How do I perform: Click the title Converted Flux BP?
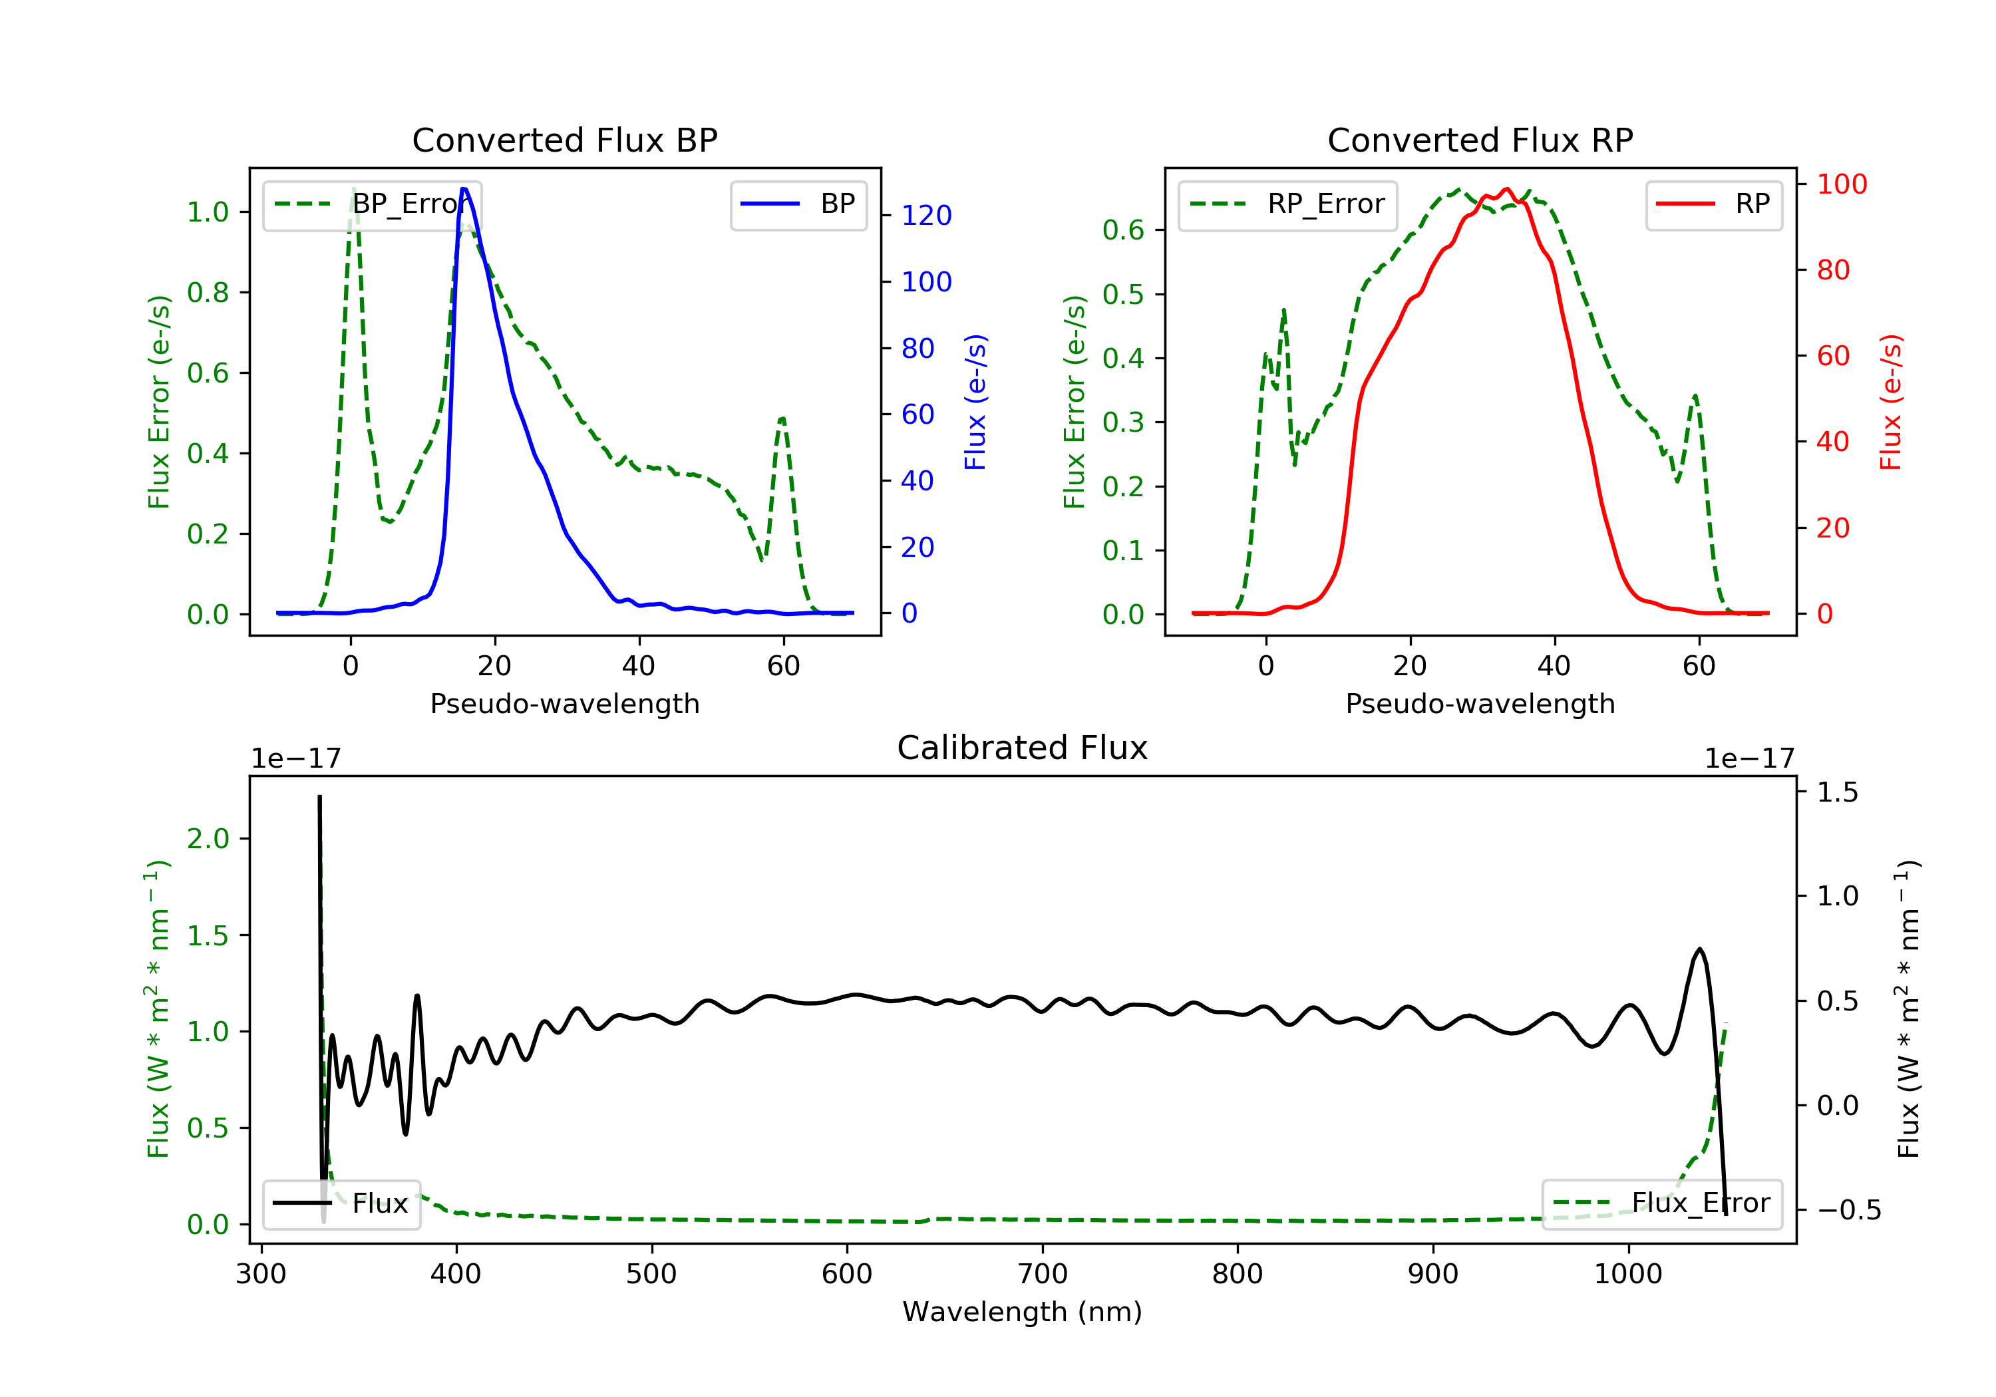[564, 140]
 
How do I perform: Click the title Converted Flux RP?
[1480, 140]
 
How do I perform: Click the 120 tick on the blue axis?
[926, 216]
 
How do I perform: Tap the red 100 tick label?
[1841, 184]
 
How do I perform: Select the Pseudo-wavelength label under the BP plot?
[564, 704]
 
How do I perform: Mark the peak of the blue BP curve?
[464, 189]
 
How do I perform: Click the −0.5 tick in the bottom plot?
[1848, 1210]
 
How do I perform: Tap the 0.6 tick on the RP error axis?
[1122, 230]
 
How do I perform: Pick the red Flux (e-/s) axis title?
[1891, 402]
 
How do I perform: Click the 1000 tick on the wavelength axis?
[1627, 1275]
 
